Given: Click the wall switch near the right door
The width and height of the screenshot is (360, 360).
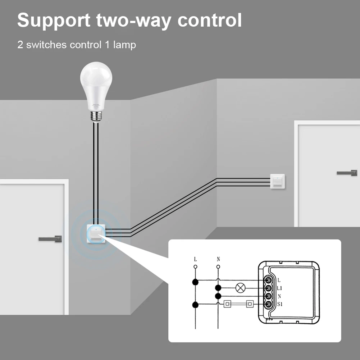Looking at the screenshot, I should point(277,182).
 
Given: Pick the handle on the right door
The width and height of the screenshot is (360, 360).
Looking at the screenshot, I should point(347,173).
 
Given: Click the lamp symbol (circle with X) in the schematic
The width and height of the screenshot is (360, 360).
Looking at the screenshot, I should point(240,288).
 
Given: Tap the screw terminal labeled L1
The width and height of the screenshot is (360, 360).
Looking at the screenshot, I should point(268,288).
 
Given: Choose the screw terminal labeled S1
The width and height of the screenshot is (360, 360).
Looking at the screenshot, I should point(268,305).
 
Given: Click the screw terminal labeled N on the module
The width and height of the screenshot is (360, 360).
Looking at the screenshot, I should point(268,296).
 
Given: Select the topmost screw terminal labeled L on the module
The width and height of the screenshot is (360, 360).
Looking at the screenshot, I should point(268,280).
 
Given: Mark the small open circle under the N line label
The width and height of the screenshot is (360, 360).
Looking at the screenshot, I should point(218,267).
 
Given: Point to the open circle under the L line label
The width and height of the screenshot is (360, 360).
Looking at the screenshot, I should point(195,267).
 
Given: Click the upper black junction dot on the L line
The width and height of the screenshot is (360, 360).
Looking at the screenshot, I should point(195,282).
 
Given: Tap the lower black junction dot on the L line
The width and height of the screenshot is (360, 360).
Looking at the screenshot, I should point(195,305).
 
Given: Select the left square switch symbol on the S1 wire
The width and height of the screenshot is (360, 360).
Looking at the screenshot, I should point(227,305).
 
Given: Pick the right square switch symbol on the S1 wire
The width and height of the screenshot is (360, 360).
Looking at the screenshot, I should point(249,305).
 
